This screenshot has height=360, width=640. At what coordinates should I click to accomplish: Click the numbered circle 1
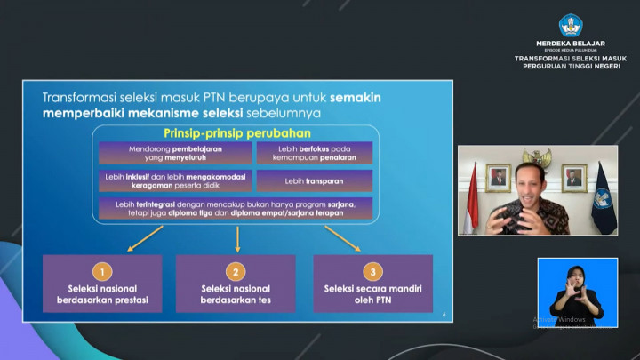pos(102,271)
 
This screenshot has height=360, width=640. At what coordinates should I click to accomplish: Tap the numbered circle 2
pos(236,271)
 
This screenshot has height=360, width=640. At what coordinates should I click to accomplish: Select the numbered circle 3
pos(373,271)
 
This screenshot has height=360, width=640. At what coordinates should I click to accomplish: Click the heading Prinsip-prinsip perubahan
pos(236,132)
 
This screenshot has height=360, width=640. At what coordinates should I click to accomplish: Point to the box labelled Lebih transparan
pos(315,180)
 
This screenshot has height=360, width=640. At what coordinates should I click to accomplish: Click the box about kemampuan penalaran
pos(315,153)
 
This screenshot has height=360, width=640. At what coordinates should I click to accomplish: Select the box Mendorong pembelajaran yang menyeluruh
pos(174,153)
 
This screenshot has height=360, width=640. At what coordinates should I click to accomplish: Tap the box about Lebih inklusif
pos(174,180)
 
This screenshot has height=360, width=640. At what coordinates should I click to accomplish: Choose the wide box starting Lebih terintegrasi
pos(236,209)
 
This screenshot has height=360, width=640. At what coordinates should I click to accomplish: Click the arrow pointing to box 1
pos(146,237)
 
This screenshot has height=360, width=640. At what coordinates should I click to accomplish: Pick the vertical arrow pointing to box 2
pos(237,238)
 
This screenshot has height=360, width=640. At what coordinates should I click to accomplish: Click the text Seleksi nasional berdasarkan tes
pos(236,294)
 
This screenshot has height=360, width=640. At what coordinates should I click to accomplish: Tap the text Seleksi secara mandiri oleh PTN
pos(373,294)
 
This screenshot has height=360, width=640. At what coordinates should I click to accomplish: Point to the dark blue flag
pos(604,197)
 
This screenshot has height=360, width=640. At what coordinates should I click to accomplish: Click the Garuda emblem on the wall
pos(536,158)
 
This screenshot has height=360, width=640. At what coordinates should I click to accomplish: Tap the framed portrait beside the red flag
pos(498,177)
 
